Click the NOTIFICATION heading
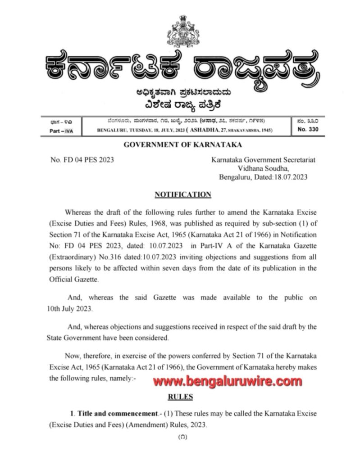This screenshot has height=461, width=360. pyautogui.click(x=182, y=194)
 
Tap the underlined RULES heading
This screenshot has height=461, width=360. pyautogui.click(x=180, y=397)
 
